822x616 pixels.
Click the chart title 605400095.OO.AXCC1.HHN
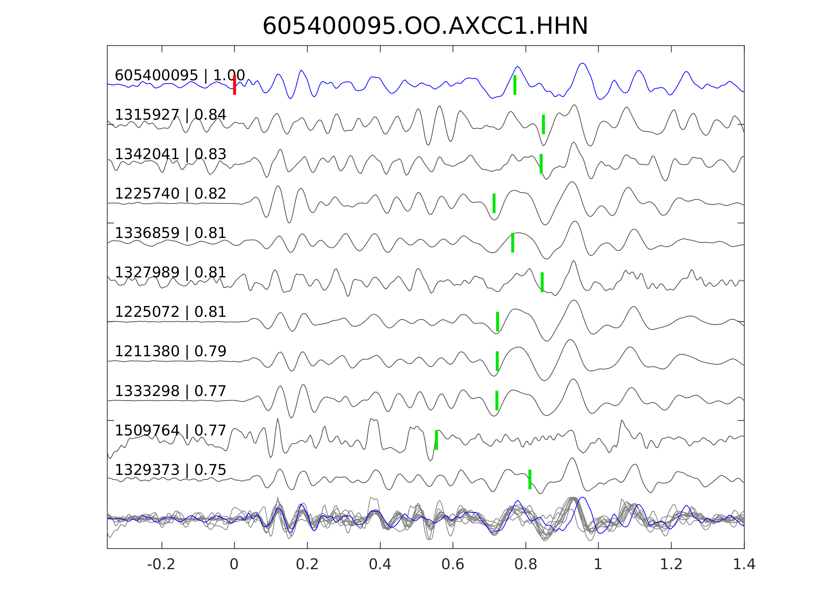425,26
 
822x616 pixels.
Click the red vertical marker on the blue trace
235,85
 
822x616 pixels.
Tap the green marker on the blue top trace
515,85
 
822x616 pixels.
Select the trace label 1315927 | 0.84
170,115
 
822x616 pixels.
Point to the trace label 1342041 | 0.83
170,154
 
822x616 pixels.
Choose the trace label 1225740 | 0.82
170,194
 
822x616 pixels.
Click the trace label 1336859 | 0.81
170,233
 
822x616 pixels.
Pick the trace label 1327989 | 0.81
170,272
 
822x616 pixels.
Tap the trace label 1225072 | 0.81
170,312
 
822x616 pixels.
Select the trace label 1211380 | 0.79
170,351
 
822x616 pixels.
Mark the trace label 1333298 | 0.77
170,391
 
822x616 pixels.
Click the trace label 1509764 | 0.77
170,430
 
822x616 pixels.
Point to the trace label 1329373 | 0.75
170,470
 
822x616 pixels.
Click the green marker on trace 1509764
436,440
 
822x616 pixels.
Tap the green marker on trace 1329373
530,479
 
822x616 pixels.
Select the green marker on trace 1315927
543,124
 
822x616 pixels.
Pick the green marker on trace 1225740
494,203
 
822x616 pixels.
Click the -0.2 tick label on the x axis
161,565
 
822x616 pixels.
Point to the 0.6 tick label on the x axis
453,565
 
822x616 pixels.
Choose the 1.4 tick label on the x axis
744,565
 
